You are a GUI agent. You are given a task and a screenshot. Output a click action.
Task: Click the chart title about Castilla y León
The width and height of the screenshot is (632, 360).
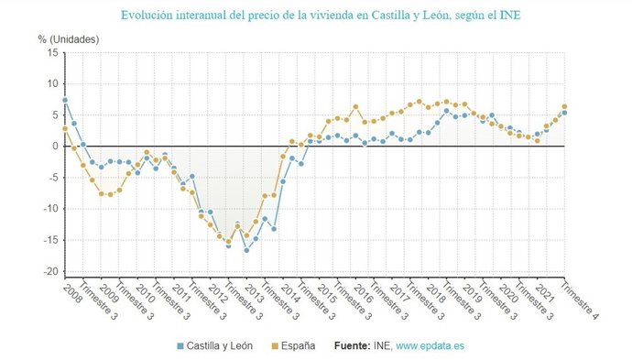coord(316,16)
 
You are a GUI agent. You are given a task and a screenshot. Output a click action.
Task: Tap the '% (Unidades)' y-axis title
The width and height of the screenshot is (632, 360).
coord(69,38)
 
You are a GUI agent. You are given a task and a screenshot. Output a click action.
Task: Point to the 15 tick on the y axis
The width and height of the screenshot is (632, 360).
coord(52,53)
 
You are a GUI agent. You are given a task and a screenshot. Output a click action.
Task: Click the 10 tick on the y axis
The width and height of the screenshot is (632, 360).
coord(52,84)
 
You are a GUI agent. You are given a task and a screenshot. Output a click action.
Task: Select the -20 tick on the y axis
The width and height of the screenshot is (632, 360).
coord(49,272)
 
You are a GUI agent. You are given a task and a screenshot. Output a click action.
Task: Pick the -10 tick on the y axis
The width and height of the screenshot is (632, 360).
coord(49,209)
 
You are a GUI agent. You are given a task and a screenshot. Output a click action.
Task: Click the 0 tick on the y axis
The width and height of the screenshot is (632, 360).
coord(55,147)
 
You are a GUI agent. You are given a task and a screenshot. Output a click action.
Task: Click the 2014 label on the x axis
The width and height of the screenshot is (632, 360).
coord(289,292)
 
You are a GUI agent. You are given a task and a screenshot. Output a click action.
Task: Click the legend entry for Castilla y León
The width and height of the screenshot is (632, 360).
coord(214,346)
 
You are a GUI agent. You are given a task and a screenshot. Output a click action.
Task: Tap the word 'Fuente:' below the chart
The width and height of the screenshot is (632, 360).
coord(354,346)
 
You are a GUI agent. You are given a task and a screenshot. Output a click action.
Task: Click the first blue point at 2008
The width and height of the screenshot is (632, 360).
coord(65,100)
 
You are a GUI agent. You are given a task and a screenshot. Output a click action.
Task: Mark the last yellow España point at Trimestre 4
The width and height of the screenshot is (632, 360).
coord(564,106)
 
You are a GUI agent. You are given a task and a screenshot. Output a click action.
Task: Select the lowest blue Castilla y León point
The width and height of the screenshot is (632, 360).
coord(246,250)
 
